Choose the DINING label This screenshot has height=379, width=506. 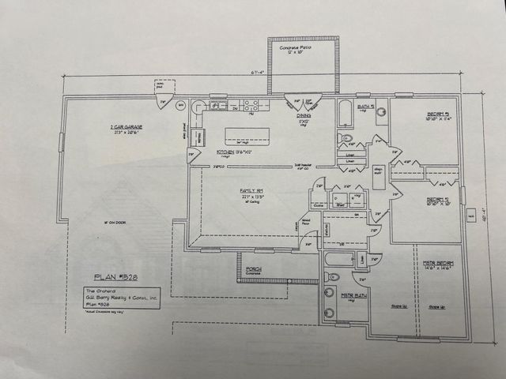click(304, 115)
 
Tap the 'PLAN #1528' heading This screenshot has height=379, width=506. click(115, 277)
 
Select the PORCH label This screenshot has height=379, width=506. click(254, 269)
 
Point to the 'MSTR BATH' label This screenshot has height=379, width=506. click(352, 295)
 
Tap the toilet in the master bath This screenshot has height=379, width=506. click(332, 277)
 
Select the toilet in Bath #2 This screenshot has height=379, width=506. click(346, 138)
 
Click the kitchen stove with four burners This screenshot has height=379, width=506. click(252, 104)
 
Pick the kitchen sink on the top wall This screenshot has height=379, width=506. click(219, 104)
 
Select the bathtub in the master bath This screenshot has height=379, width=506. click(344, 258)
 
